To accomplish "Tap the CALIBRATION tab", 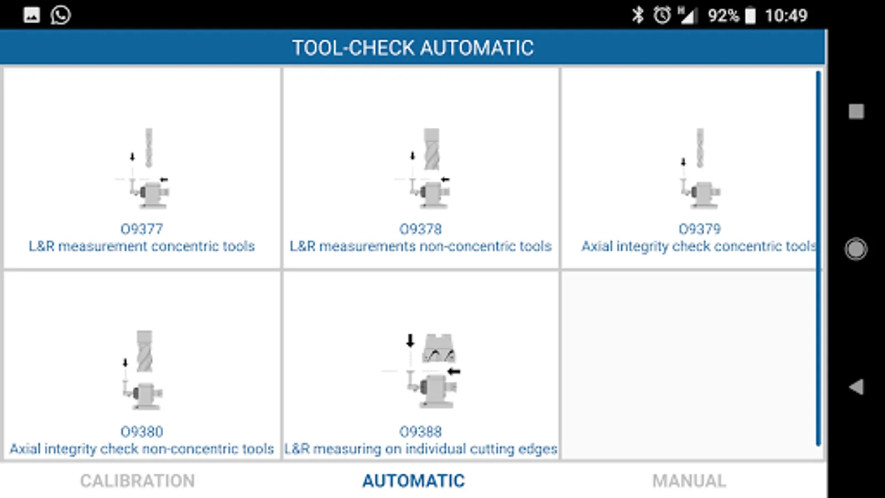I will [137, 481].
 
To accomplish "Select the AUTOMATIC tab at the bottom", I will [414, 481].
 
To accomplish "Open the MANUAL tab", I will [689, 481].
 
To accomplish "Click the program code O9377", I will [142, 229].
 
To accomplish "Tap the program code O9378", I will [420, 229].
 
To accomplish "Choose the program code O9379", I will [700, 229].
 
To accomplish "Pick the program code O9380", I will [142, 432].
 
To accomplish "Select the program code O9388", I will [420, 432].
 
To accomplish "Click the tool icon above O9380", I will [143, 370].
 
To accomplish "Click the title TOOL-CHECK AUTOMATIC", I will [413, 48].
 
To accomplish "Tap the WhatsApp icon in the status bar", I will [60, 15].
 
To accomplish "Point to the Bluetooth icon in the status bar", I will [638, 15].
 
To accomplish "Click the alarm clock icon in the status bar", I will [662, 15].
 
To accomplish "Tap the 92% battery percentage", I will [723, 15].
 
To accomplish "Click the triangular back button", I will [856, 387].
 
